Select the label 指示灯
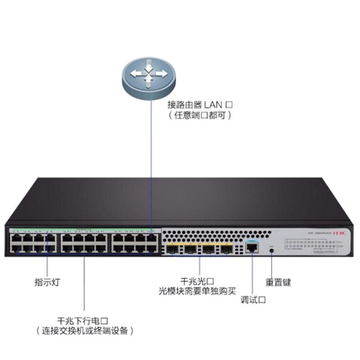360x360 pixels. (47, 283)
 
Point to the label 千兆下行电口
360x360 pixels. (84, 321)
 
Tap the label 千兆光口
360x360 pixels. (193, 280)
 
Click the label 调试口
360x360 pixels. (253, 300)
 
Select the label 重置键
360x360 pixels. (278, 283)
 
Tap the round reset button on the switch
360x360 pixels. (271, 250)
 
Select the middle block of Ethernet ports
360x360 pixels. (84, 243)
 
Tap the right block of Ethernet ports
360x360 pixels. (135, 243)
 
